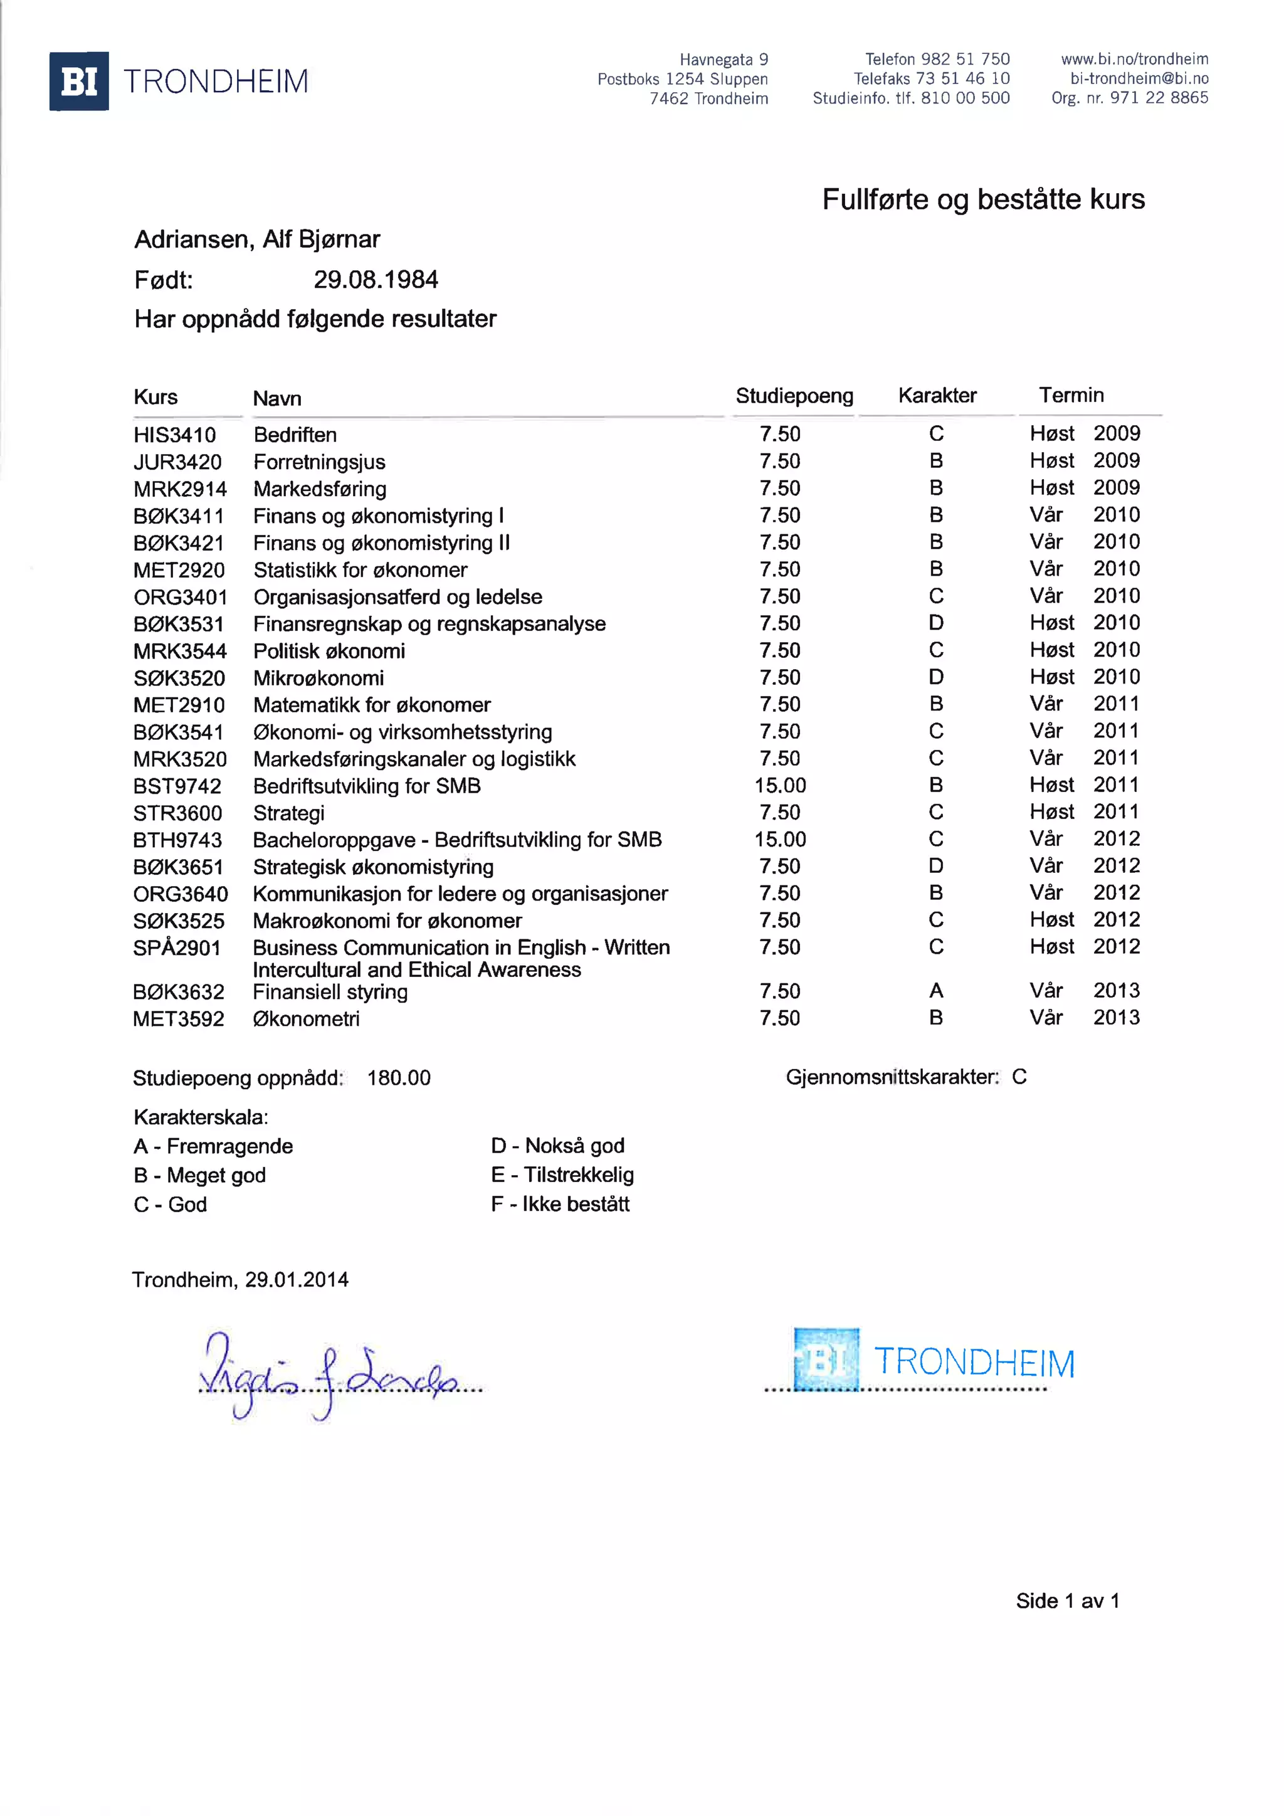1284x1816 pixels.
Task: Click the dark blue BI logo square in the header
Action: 79,82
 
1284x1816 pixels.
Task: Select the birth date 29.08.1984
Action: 376,279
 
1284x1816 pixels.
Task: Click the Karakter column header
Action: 937,396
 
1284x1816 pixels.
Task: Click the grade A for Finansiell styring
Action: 936,990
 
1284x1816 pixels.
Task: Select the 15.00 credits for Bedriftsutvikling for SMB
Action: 781,785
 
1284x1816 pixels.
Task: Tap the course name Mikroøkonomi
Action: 318,678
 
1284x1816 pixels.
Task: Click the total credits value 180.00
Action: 399,1078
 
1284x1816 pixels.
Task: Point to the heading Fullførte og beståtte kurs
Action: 983,199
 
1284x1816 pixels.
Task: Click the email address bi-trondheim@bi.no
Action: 1139,78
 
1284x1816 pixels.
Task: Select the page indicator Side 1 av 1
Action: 1067,1601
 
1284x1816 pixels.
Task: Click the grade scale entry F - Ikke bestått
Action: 560,1204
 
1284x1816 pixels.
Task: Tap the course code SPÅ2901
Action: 177,948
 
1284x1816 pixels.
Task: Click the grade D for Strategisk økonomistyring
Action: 936,866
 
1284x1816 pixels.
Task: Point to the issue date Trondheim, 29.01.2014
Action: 240,1280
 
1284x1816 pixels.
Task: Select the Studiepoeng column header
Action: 794,396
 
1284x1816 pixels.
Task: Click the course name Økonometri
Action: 306,1019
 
